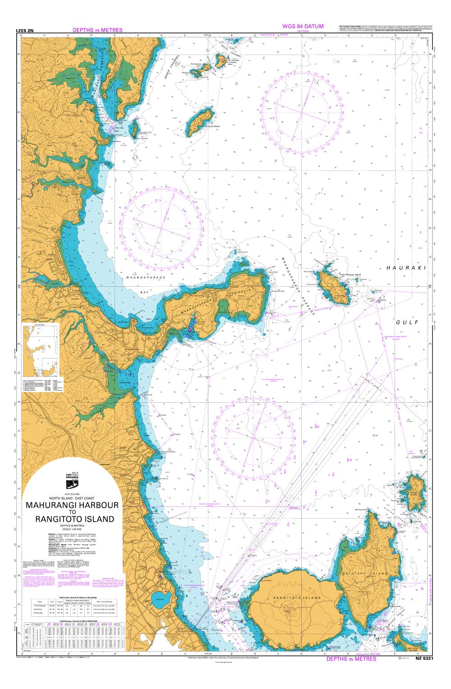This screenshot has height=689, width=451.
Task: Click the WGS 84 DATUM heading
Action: pos(303,27)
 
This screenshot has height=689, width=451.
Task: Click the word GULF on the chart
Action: pos(407,322)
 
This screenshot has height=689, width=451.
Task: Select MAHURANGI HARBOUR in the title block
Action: pos(72,505)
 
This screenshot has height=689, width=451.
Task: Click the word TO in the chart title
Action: pos(72,512)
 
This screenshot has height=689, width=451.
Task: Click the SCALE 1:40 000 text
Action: pos(72,528)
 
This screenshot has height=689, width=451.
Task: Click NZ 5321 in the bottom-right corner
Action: pos(424,659)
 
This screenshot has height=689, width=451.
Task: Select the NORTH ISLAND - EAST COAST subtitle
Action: pos(72,498)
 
